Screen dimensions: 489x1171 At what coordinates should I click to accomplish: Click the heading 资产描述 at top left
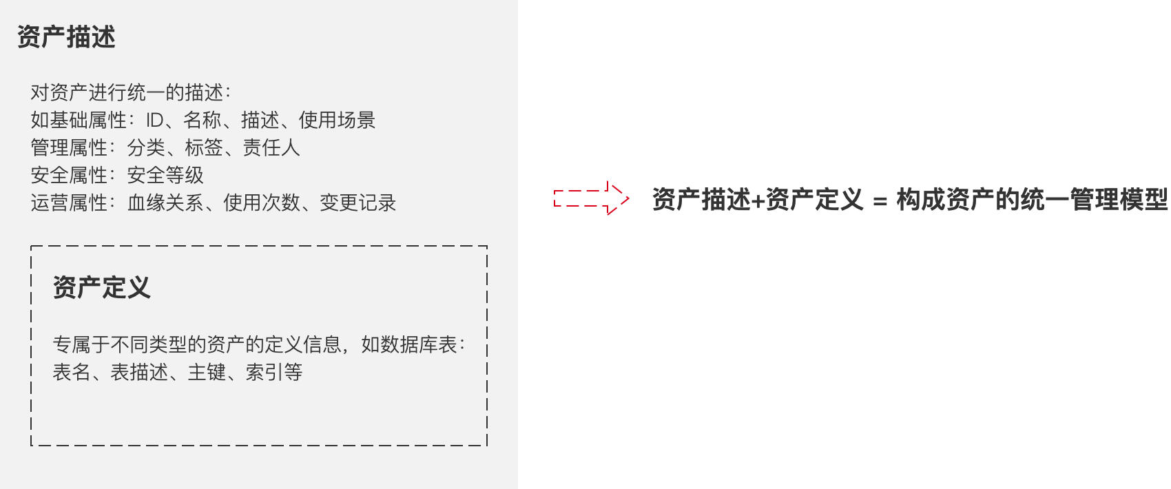tap(66, 37)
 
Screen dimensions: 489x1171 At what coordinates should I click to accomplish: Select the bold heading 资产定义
tap(102, 287)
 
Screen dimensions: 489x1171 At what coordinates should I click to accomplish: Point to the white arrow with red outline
tap(591, 198)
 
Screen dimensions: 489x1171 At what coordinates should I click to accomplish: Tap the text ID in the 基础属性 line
tap(154, 121)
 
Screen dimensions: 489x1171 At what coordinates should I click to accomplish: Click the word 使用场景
tap(337, 121)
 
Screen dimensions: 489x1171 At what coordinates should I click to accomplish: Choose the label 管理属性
tap(69, 148)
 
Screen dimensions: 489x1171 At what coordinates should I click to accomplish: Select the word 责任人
tap(271, 148)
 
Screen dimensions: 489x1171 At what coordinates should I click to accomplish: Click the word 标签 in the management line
tap(204, 148)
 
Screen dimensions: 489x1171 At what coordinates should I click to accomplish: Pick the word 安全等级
tap(165, 176)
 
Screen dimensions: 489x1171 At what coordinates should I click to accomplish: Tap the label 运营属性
tap(69, 203)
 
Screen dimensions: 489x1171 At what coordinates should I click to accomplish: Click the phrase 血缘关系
tap(165, 203)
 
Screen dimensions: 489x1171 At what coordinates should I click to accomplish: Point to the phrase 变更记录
tap(357, 203)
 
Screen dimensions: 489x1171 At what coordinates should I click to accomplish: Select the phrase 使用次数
tap(262, 203)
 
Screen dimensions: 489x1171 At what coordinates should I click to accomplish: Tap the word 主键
tap(207, 373)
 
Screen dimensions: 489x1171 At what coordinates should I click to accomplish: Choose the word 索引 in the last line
tap(265, 373)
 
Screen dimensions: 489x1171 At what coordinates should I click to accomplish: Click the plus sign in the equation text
tap(757, 200)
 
